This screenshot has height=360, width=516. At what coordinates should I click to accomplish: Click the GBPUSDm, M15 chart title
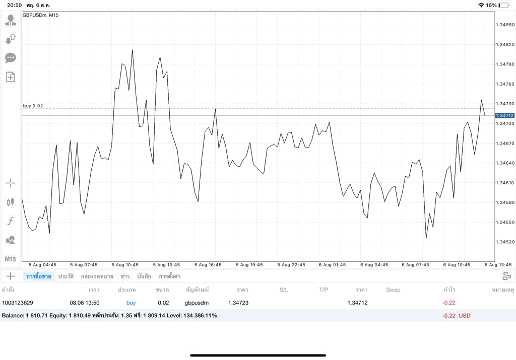click(40, 15)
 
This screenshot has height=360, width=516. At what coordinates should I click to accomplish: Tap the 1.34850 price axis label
click(505, 25)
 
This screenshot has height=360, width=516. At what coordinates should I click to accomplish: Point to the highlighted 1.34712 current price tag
click(504, 115)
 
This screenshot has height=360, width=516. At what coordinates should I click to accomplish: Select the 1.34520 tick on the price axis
click(505, 242)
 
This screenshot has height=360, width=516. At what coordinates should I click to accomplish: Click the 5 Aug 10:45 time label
click(125, 265)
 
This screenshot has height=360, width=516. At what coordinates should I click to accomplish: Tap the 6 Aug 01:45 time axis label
click(333, 265)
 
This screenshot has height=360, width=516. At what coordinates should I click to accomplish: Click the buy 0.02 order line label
click(33, 106)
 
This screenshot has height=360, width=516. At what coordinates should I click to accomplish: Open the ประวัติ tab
click(66, 276)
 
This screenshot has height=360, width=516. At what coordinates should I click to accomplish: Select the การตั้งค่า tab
click(170, 276)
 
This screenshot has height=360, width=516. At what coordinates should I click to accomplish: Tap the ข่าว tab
click(125, 276)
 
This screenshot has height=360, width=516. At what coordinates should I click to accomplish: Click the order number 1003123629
click(18, 303)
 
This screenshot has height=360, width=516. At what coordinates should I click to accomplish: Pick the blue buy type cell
click(131, 303)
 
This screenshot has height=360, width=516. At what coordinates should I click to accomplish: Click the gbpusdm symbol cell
click(197, 303)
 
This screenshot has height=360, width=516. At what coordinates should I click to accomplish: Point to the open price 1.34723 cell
click(238, 303)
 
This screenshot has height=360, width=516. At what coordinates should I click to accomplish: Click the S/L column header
click(284, 290)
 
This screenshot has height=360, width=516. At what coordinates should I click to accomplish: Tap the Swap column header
click(393, 290)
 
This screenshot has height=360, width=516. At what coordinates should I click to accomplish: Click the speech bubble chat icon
click(11, 58)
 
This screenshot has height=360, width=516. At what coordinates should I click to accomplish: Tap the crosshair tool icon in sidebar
click(11, 183)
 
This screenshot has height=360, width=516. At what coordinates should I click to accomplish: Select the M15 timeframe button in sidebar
click(10, 259)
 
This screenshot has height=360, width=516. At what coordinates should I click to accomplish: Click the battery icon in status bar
click(503, 5)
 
